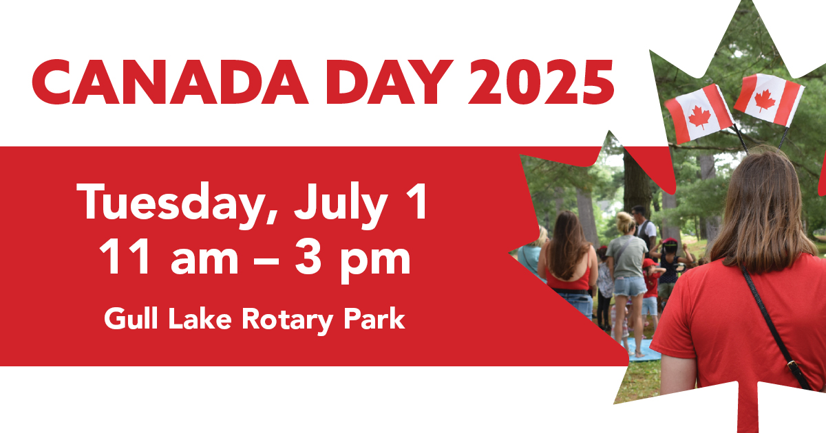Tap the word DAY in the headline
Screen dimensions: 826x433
[390, 82]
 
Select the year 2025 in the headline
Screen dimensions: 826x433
[541, 82]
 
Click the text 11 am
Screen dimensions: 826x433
[169, 256]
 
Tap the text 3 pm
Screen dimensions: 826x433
[352, 260]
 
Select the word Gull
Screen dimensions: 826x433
[131, 318]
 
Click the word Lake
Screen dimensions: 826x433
[200, 318]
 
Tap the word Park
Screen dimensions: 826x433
[374, 318]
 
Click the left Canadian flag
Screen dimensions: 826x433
[698, 114]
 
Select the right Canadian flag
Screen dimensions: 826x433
[769, 100]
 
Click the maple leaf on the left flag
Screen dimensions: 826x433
[699, 117]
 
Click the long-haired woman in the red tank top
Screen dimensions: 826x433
[568, 262]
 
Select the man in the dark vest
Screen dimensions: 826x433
[644, 228]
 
